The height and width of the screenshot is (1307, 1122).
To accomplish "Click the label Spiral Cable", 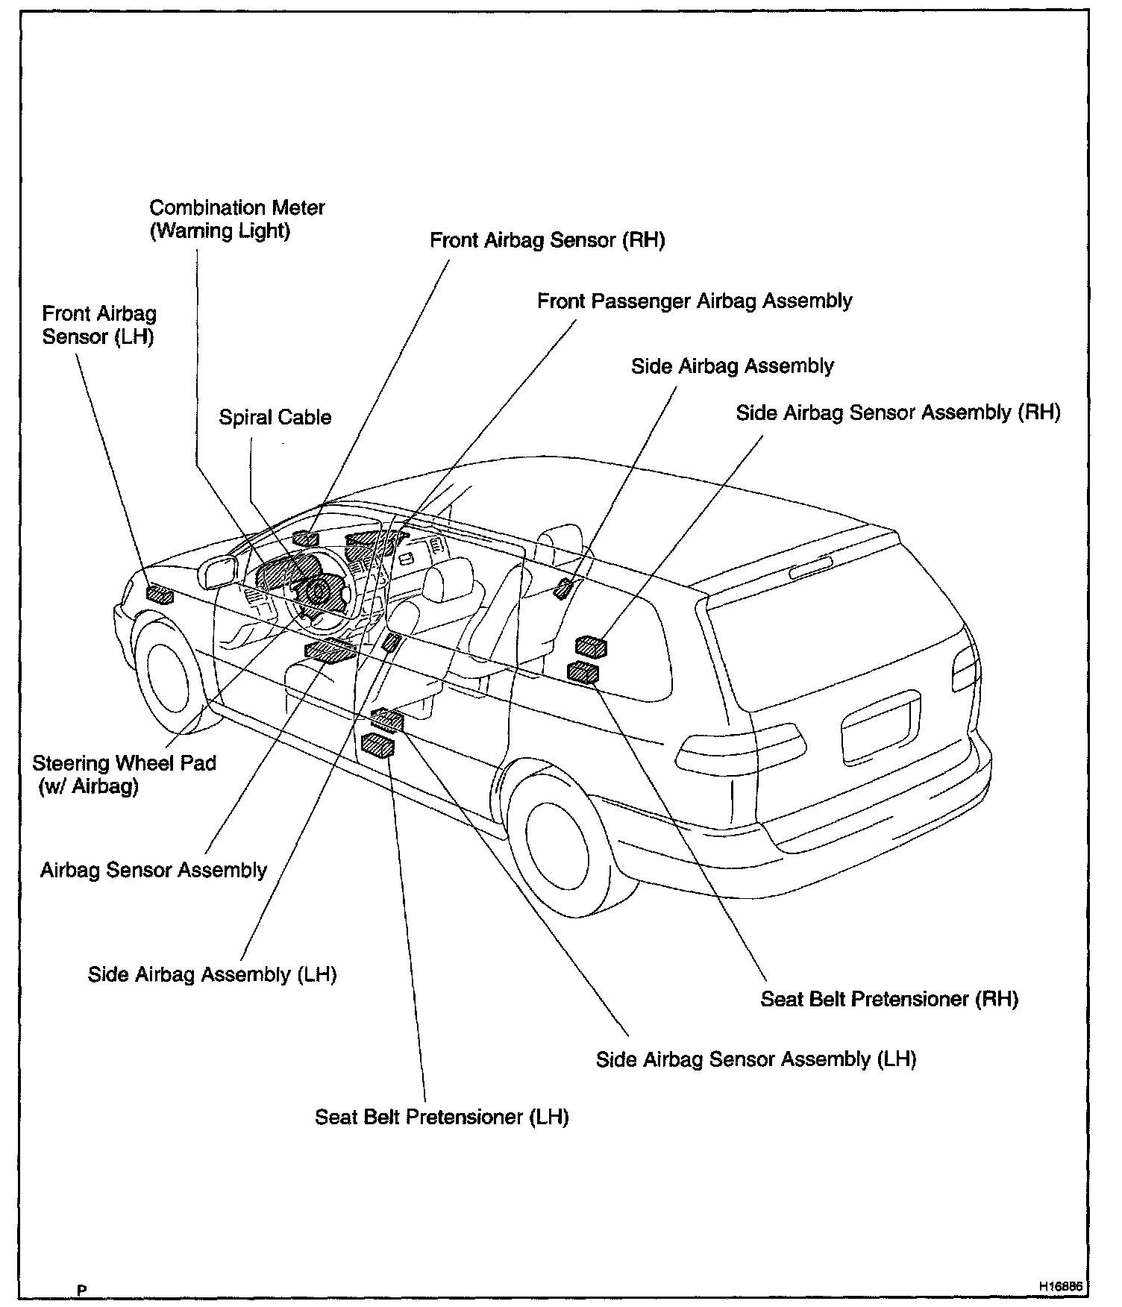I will [275, 417].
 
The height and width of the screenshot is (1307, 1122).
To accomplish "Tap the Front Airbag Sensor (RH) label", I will [547, 240].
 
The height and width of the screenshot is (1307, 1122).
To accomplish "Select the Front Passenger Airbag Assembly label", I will [694, 301].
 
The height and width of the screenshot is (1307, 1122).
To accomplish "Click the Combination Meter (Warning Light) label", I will [236, 219].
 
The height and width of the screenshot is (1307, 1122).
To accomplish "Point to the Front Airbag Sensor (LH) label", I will [98, 325].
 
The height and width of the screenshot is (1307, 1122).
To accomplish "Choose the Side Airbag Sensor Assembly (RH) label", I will [897, 413].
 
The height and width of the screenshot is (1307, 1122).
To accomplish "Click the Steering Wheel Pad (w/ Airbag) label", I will [124, 774].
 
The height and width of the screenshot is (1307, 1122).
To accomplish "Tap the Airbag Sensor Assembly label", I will [153, 870].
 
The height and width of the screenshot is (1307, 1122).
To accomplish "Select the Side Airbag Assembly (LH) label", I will [212, 974].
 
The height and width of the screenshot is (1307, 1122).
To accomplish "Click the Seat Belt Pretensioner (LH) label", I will [442, 1117].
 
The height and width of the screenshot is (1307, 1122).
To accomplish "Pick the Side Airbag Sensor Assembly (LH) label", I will [755, 1059].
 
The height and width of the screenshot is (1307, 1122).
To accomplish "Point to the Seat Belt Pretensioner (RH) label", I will [889, 999].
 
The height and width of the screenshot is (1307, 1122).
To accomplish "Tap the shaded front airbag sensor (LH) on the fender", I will [159, 595].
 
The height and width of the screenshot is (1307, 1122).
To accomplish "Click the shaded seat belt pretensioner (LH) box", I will [378, 745].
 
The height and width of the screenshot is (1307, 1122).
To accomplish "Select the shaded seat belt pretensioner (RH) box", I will [583, 671].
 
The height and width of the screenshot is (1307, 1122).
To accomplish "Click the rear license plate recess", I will [880, 727].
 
